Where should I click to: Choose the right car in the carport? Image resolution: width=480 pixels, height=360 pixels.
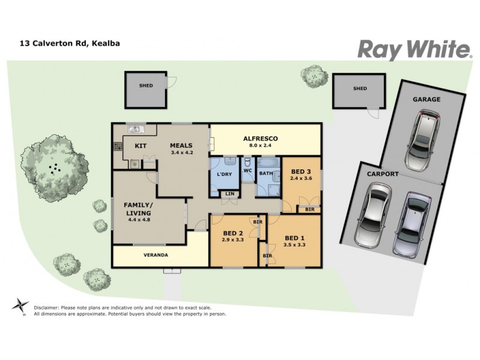point(412,221)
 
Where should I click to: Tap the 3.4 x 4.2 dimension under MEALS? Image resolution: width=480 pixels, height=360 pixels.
point(182,152)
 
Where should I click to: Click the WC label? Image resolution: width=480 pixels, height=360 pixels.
point(247,170)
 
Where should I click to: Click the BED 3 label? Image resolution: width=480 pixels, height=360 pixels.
point(301,170)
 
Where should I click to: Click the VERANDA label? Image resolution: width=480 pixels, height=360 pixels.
point(155,254)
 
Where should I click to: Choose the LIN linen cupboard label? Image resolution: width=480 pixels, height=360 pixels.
point(229,193)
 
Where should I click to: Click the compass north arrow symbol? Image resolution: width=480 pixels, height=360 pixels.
point(20,305)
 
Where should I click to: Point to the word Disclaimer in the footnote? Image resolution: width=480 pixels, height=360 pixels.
point(48,307)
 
